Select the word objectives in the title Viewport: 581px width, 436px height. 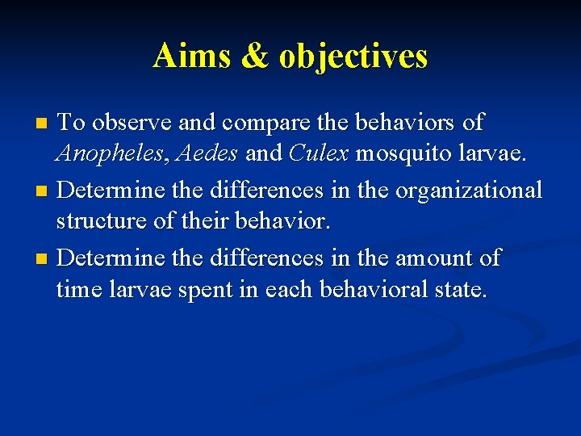tap(353, 57)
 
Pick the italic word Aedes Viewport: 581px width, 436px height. tap(209, 153)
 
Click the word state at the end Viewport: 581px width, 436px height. tap(461, 289)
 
